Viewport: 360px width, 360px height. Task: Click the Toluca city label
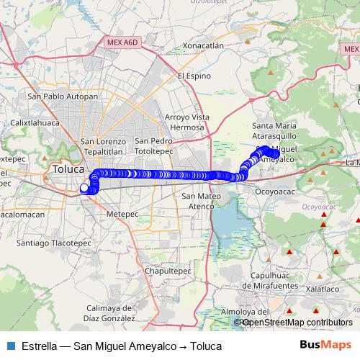[x=69, y=170]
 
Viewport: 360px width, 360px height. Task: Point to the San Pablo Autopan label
[x=62, y=96]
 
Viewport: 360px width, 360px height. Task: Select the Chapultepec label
[x=168, y=271]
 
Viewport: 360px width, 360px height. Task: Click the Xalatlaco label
[x=322, y=288]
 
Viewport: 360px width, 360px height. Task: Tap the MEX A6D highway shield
[x=120, y=43]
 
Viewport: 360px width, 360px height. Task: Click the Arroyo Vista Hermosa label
[x=186, y=122]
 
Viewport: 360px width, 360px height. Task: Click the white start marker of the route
[x=84, y=189]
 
